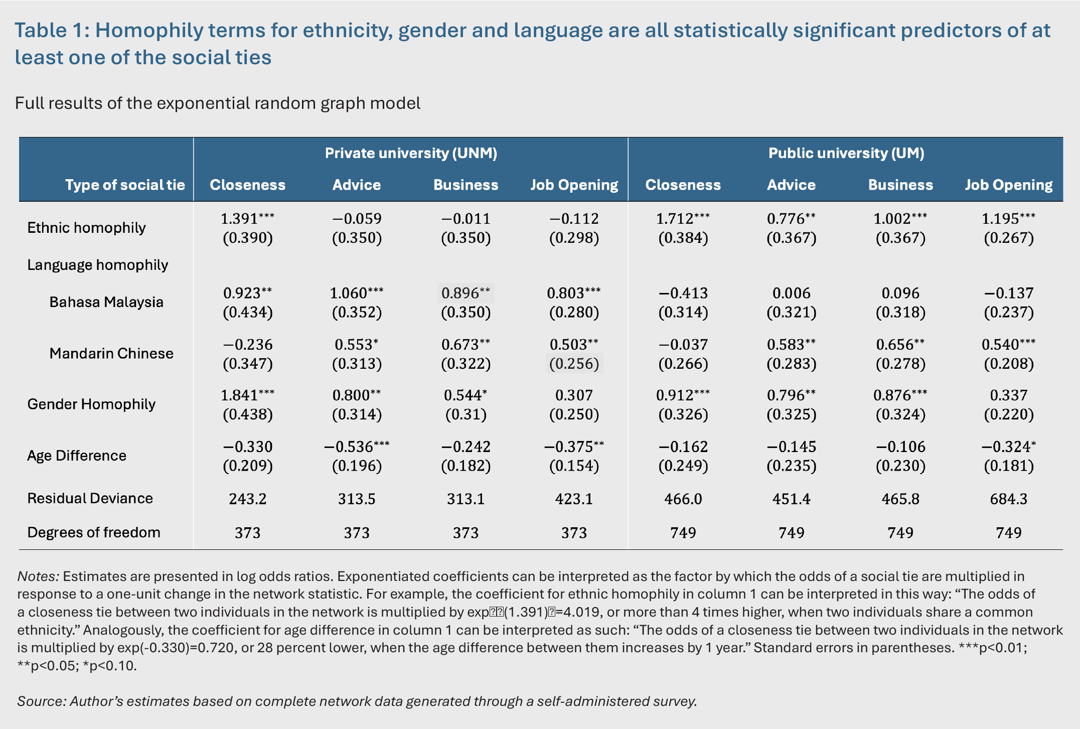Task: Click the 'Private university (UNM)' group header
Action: [411, 153]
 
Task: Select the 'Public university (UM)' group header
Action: [846, 153]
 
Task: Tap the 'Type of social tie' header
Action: [125, 185]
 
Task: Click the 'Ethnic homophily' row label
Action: [86, 228]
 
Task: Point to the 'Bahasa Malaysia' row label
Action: [106, 302]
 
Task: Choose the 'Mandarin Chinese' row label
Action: [111, 353]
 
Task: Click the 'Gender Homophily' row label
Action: [91, 404]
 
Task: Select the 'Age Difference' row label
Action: [77, 456]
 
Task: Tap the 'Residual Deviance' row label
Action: [90, 498]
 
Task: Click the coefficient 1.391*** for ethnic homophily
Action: [248, 219]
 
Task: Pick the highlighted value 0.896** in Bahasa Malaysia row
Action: [466, 293]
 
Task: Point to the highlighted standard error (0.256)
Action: [574, 363]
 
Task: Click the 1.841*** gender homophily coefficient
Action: [248, 395]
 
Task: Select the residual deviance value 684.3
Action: [1009, 499]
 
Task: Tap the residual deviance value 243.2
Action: [248, 499]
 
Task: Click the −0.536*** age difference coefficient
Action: [357, 447]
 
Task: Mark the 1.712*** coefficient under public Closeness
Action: [683, 219]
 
